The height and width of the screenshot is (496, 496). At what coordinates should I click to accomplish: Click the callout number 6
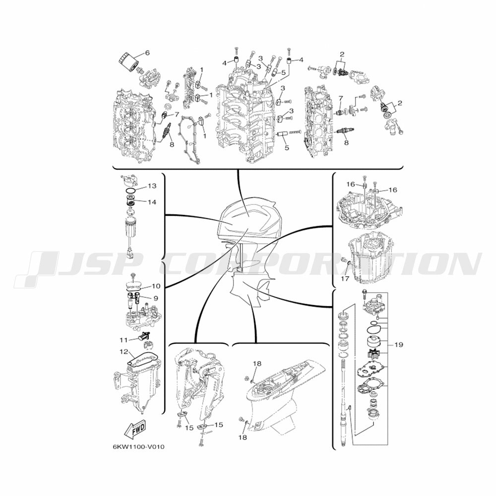tap(147, 53)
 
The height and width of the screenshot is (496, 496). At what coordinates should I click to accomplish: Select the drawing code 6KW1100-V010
tap(138, 447)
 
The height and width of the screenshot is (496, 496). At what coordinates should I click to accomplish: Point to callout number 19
tap(399, 344)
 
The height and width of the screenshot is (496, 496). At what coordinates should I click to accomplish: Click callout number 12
tap(124, 352)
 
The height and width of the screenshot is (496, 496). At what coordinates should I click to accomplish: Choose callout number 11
tap(124, 340)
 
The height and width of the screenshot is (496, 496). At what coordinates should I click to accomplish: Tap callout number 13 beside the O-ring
tap(152, 186)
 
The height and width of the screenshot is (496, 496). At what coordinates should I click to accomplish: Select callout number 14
tap(152, 202)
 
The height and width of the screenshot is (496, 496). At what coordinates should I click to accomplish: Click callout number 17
tap(345, 279)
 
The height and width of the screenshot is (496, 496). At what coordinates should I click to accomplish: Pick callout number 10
tap(156, 286)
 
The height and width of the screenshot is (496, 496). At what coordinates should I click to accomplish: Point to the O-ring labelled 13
tap(130, 190)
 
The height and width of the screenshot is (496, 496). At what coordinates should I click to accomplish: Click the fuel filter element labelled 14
tap(130, 200)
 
